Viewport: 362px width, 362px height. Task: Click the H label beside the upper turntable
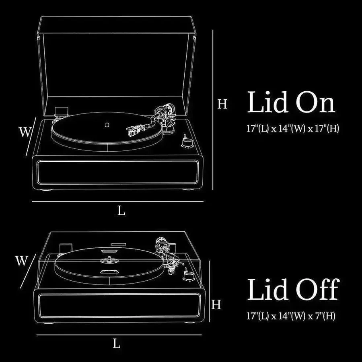(222, 104)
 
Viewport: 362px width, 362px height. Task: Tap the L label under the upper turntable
(121, 210)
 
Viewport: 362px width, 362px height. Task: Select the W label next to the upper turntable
(25, 132)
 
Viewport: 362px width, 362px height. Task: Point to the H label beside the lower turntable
(216, 304)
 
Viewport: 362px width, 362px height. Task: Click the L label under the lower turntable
(117, 344)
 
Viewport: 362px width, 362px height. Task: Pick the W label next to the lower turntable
(21, 261)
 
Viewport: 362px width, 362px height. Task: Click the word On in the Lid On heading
(315, 102)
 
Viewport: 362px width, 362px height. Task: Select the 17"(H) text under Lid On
(327, 128)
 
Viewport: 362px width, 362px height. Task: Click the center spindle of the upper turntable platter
(107, 124)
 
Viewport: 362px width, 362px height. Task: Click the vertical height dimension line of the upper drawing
(213, 110)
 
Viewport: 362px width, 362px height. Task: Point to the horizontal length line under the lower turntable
(119, 335)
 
